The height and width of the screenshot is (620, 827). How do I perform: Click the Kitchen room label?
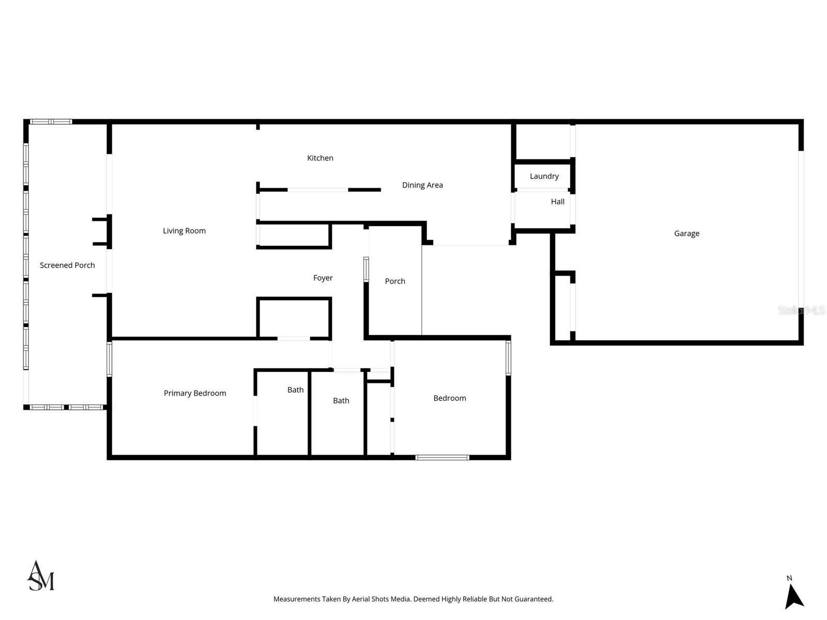(x=320, y=158)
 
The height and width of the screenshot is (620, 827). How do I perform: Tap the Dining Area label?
(x=422, y=185)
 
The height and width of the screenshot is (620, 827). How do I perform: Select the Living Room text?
(x=184, y=231)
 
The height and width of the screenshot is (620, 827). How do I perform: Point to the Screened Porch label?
(x=67, y=266)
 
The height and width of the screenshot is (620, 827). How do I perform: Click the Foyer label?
(x=323, y=278)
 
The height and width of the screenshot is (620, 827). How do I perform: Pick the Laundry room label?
(x=544, y=176)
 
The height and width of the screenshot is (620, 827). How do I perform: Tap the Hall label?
(x=557, y=202)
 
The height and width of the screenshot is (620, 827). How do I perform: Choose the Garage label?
(x=686, y=234)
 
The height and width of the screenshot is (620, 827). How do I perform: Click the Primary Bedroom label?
(x=195, y=393)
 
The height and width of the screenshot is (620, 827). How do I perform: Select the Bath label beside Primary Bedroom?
(x=295, y=390)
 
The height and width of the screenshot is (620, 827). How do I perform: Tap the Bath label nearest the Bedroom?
(x=341, y=400)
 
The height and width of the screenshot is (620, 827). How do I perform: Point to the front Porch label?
(x=395, y=281)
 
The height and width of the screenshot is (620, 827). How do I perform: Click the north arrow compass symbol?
(x=793, y=597)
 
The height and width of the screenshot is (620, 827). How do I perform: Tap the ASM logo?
(x=40, y=576)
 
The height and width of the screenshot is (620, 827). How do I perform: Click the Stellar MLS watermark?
(x=801, y=311)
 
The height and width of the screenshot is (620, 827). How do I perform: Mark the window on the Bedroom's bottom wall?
(x=442, y=457)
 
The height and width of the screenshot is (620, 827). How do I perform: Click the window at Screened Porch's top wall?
(x=50, y=122)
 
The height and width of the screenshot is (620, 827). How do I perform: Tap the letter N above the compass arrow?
(x=789, y=578)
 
